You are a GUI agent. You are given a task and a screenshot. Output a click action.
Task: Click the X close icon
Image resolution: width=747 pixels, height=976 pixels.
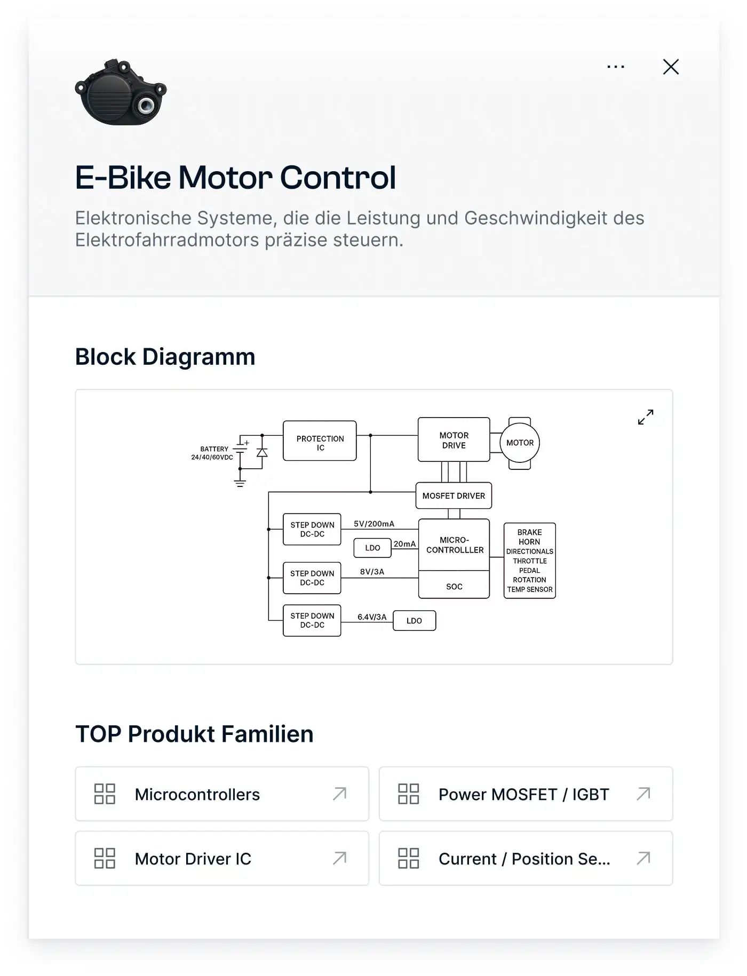pos(671,67)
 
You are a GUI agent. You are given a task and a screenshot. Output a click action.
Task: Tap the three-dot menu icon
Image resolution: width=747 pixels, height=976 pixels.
pos(616,67)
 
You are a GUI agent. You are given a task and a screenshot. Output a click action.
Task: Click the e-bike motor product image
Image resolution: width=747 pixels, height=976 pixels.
pos(121,93)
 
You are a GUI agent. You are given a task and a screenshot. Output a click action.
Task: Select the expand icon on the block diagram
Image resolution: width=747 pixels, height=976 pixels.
pos(646,417)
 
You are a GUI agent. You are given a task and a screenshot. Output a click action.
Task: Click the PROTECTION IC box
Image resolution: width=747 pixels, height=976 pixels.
pos(320,441)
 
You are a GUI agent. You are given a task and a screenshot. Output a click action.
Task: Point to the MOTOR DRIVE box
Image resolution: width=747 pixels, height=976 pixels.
pos(454,440)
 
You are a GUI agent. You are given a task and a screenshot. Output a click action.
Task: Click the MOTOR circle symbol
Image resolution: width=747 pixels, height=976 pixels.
pos(520,443)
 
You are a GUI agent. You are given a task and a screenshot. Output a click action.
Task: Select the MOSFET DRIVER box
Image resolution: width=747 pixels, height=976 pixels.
pos(454,496)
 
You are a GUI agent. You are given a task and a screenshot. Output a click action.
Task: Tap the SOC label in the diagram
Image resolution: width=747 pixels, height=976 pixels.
pos(454,587)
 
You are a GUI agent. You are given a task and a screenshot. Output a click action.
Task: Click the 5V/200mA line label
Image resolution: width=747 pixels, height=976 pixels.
pos(374,524)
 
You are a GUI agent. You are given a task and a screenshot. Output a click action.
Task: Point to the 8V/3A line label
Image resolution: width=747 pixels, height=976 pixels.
pos(372,572)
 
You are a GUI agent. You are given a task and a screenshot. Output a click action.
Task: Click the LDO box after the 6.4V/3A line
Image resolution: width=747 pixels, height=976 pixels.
pos(414,621)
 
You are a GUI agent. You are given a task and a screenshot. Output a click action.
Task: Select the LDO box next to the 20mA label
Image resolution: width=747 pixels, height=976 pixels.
pos(372,548)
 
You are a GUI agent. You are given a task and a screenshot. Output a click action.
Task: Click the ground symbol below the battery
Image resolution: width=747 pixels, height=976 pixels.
pos(240,483)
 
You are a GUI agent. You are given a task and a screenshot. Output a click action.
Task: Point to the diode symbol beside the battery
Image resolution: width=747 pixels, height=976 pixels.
pos(262,452)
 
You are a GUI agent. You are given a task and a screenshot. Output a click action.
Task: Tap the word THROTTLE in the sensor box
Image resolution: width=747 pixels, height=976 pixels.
pos(530,561)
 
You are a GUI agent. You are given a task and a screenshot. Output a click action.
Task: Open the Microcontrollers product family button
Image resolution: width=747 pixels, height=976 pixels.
pos(222,794)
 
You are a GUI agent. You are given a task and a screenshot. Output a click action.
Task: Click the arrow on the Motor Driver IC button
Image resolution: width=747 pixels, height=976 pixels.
pos(340,858)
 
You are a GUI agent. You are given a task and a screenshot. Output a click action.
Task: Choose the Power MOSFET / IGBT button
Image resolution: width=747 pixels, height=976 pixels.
pos(526,794)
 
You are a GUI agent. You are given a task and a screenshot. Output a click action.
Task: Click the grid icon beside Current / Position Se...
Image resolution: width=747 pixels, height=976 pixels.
pos(409,858)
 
